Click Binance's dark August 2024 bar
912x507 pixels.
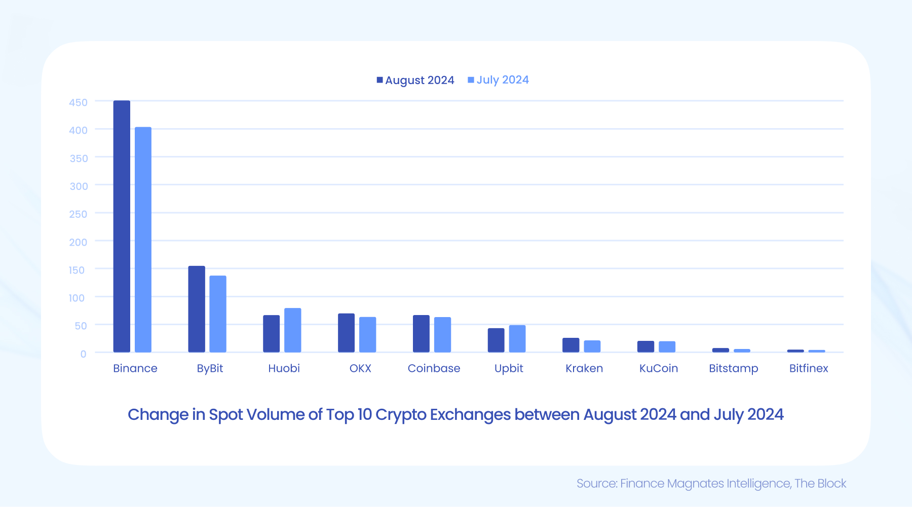pyautogui.click(x=122, y=226)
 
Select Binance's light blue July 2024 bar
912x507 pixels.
pyautogui.click(x=143, y=240)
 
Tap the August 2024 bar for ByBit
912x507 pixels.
pyautogui.click(x=197, y=309)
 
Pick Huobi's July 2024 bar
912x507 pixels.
pyautogui.click(x=292, y=330)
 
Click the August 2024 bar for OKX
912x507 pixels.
pyautogui.click(x=346, y=333)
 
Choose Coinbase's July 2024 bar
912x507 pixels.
pyautogui.click(x=442, y=335)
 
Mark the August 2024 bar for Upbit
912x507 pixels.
pyautogui.click(x=496, y=340)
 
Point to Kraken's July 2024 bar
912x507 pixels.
pyautogui.click(x=592, y=346)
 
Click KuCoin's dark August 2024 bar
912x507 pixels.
pyautogui.click(x=645, y=347)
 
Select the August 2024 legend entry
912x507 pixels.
pyautogui.click(x=415, y=80)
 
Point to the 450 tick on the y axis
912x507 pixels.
pyautogui.click(x=78, y=102)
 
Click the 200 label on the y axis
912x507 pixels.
pyautogui.click(x=78, y=242)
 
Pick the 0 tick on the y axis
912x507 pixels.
pyautogui.click(x=83, y=354)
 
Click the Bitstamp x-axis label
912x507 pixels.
pyautogui.click(x=733, y=368)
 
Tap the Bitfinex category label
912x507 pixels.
pyautogui.click(x=808, y=368)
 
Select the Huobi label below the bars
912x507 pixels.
pyautogui.click(x=284, y=368)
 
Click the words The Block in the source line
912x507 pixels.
pyautogui.click(x=820, y=483)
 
